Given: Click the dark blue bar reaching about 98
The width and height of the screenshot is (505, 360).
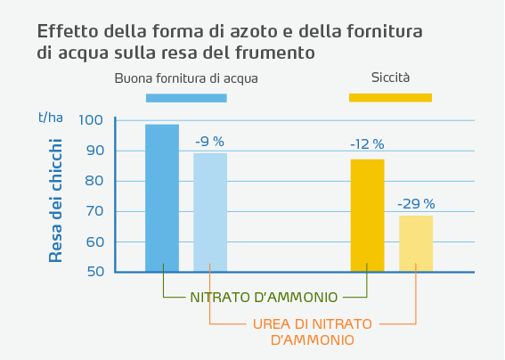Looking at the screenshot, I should tap(162, 198).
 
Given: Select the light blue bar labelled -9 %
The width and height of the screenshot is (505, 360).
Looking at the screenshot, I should tap(210, 212).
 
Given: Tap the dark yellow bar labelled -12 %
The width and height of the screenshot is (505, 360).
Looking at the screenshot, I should tap(367, 215).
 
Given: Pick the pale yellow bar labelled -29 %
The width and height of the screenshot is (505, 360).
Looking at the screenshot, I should tap(416, 243).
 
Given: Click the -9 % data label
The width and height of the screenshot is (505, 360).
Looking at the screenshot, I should tap(210, 141).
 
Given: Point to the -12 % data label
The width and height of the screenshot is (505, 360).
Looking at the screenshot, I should tap(367, 143).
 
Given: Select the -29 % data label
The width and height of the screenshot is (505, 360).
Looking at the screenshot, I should tap(416, 203).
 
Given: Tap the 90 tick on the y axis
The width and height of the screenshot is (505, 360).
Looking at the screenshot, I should tap(94, 151).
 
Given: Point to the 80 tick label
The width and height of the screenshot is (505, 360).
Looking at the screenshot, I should tap(94, 181).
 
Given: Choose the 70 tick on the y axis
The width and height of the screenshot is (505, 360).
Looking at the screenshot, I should tap(94, 211).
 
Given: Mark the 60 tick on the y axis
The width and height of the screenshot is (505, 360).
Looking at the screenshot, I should tap(94, 241).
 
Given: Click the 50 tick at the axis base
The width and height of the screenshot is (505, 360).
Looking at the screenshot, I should tap(94, 272).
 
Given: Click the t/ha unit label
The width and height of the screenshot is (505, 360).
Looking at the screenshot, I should tap(50, 117).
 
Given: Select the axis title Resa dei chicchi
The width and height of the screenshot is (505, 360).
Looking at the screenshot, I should tap(56, 200).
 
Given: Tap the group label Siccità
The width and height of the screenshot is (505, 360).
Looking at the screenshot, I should tap(390, 78).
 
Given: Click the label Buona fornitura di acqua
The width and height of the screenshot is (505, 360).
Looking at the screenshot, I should tap(186, 78).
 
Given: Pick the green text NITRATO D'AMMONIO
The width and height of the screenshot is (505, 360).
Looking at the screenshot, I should tap(265, 297).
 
